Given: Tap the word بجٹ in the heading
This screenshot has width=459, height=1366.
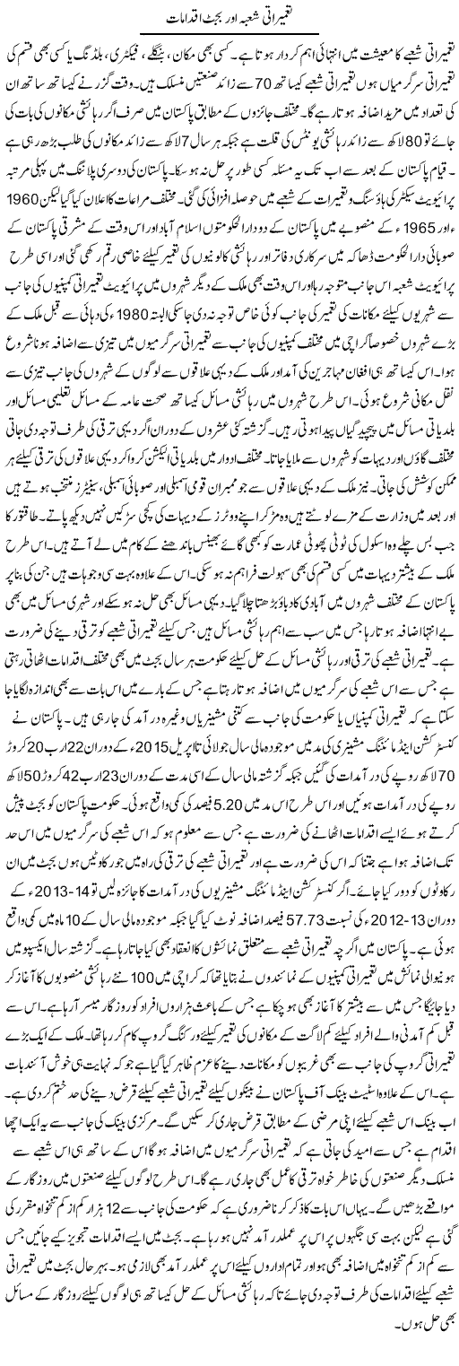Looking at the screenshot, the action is tap(198, 17).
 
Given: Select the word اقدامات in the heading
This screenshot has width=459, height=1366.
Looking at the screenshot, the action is tap(162, 17).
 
